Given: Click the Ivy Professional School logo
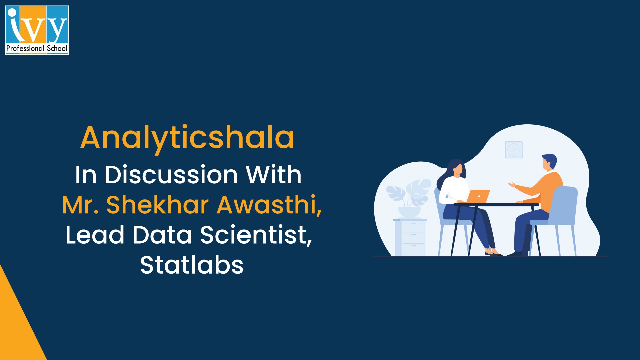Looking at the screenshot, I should pyautogui.click(x=37, y=30).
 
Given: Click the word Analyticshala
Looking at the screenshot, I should pyautogui.click(x=187, y=137).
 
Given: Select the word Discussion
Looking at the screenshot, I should pyautogui.click(x=171, y=175).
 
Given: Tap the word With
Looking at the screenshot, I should pyautogui.click(x=273, y=175).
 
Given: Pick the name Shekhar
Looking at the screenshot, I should pyautogui.click(x=157, y=205).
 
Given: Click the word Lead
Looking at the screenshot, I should pyautogui.click(x=95, y=235).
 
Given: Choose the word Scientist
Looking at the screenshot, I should pyautogui.click(x=256, y=235).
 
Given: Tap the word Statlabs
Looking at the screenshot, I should pyautogui.click(x=192, y=265).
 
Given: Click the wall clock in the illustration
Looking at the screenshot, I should pyautogui.click(x=514, y=150).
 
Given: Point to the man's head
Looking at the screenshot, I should pyautogui.click(x=549, y=162).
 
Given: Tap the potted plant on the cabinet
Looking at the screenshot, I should pyautogui.click(x=409, y=198).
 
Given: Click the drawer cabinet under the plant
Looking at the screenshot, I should pyautogui.click(x=410, y=237).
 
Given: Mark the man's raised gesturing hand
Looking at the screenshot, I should pyautogui.click(x=511, y=184).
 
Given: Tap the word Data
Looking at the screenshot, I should pyautogui.click(x=162, y=235).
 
